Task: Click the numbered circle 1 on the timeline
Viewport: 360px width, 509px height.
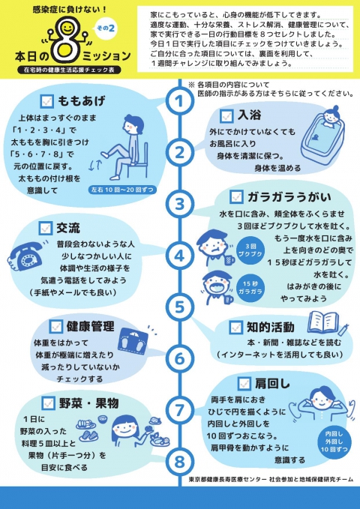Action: coord(179,101)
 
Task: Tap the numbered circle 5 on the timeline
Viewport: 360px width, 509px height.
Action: coord(179,307)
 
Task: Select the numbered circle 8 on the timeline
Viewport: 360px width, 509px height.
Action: coord(179,462)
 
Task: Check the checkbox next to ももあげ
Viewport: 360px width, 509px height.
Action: coord(46,101)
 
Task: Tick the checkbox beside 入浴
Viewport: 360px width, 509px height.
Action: coord(226,116)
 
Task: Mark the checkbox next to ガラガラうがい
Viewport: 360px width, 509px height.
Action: coord(236,196)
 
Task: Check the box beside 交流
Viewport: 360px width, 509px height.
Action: coord(46,228)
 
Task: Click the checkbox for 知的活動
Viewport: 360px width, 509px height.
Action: coord(235,327)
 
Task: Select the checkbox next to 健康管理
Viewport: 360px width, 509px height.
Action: coord(56,326)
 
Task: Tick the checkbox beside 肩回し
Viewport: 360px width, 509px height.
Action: coord(244,383)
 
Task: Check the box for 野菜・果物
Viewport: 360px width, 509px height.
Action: coord(49,403)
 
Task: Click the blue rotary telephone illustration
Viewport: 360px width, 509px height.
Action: coord(25,256)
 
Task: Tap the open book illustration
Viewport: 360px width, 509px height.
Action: coord(324,322)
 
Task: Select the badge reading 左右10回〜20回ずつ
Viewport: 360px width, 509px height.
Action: coord(122,190)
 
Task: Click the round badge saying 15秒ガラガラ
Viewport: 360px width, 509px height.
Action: coord(250,288)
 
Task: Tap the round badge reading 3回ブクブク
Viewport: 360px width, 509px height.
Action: coord(250,251)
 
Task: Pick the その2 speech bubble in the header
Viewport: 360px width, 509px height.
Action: coord(106,28)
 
